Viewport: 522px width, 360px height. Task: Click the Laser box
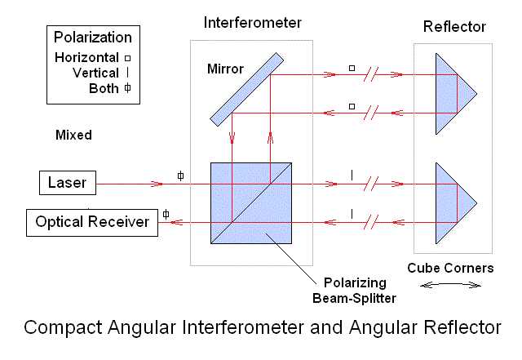click(68, 183)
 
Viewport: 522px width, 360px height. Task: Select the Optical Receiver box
click(91, 221)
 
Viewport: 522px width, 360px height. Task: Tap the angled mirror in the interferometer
click(246, 90)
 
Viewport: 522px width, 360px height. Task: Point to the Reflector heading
click(453, 28)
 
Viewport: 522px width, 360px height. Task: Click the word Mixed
click(73, 135)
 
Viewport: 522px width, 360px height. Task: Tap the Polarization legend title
click(92, 38)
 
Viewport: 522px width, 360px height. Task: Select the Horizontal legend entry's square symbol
click(127, 58)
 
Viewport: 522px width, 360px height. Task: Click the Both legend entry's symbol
click(127, 89)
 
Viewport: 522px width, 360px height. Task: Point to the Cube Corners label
click(451, 268)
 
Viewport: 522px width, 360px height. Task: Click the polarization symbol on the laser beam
click(180, 176)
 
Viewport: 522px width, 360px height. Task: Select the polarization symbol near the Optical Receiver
click(166, 214)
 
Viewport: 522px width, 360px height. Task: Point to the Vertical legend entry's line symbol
click(128, 73)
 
